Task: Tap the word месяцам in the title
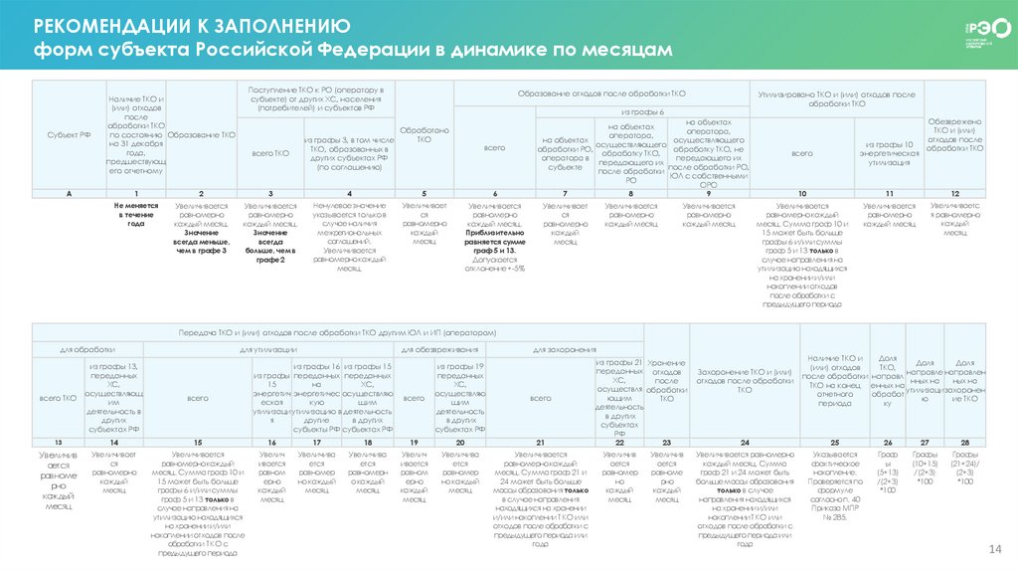coord(625,49)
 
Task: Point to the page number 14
coord(992,551)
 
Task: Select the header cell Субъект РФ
coord(67,134)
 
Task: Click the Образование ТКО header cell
coord(202,134)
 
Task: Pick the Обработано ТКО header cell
coord(424,134)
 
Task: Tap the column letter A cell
coord(67,192)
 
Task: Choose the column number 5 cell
coord(424,192)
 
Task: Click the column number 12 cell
coord(955,192)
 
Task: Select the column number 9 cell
coord(708,192)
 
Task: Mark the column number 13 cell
coord(58,441)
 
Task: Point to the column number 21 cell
coord(540,441)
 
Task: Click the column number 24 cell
coord(745,441)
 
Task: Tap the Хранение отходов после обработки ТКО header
coord(666,382)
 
